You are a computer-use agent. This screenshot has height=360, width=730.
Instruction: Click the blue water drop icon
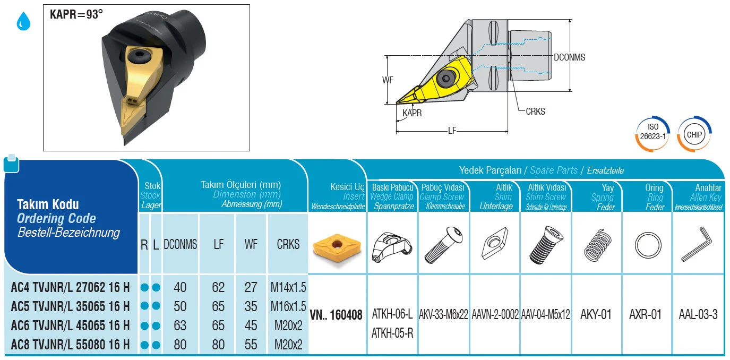[23, 21]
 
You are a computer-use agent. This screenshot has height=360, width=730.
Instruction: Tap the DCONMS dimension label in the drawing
[569, 57]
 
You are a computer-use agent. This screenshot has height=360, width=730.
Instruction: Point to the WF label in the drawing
[388, 80]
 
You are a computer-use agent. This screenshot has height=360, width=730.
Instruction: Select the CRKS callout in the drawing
[535, 112]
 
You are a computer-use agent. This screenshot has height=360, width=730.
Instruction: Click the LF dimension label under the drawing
[452, 131]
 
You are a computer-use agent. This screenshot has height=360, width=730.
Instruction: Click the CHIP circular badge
[694, 134]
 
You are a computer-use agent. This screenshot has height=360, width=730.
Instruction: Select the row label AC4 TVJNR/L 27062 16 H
[70, 288]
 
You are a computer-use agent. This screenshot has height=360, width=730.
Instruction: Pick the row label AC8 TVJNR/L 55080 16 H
[70, 345]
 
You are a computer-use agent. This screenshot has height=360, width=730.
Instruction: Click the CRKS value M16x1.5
[288, 306]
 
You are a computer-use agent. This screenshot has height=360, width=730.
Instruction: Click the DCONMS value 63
[180, 325]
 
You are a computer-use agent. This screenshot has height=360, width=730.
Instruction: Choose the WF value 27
[251, 288]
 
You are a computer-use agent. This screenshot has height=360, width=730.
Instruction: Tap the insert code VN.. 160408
[336, 315]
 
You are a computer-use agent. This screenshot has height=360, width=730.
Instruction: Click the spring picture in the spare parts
[597, 246]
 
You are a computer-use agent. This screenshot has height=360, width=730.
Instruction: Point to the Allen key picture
[697, 244]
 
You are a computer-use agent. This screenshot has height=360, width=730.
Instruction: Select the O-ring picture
[648, 245]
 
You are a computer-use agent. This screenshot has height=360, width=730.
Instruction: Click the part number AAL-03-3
[698, 315]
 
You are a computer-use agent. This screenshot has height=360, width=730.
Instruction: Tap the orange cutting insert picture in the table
[337, 246]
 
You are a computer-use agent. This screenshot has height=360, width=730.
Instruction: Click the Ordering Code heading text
[56, 219]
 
